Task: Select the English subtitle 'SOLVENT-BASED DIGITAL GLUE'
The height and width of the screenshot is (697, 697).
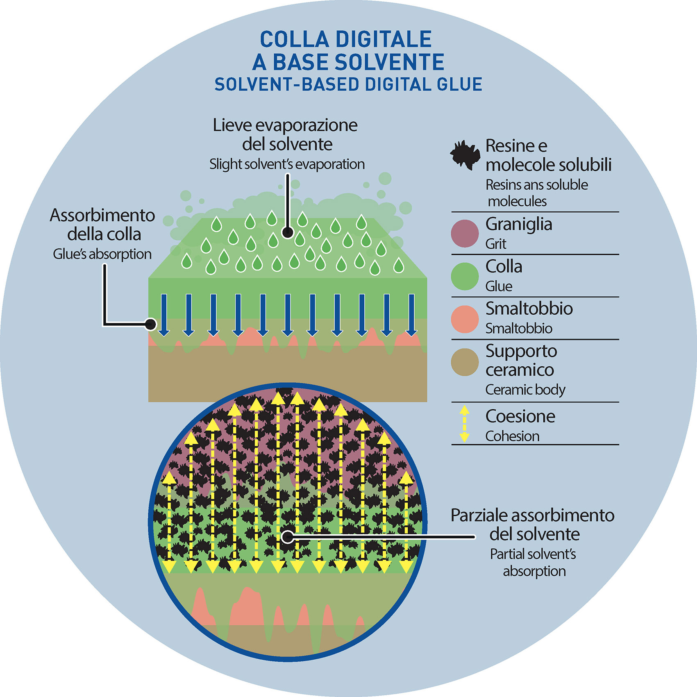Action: point(348,84)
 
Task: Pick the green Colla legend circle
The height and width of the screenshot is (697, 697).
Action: point(465,276)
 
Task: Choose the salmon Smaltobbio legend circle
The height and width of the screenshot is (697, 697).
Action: point(465,319)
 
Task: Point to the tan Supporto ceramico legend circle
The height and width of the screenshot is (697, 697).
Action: point(465,362)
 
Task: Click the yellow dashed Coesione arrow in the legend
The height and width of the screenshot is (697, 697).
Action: point(464,424)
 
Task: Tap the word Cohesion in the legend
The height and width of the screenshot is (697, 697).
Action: point(512,436)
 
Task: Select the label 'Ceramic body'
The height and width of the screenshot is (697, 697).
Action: point(525,390)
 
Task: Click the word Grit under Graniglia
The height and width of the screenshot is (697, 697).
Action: point(496,244)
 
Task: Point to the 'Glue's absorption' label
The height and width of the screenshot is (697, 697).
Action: point(102,254)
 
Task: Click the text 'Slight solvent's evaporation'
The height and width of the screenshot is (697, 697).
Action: point(287,164)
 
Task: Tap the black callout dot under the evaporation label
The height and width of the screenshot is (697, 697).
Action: point(288,233)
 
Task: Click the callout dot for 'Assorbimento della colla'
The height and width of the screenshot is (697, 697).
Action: point(151,325)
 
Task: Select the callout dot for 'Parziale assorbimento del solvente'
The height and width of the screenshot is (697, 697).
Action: point(288,537)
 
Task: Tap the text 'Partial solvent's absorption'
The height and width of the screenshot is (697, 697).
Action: point(534,563)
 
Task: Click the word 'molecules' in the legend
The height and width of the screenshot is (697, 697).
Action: point(517,202)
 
